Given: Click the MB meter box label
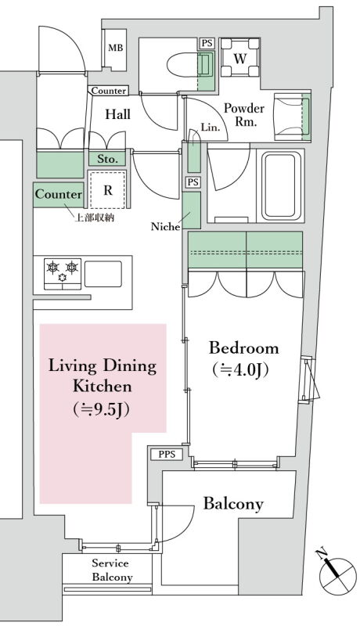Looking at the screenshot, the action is [x=116, y=48].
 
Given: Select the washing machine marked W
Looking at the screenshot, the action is [x=239, y=58].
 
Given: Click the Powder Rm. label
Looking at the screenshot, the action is [x=244, y=115].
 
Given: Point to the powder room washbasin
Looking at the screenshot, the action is [x=292, y=117].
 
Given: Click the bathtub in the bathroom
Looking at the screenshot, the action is [x=281, y=185].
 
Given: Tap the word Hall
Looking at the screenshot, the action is [x=117, y=114].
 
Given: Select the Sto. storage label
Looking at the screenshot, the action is [x=107, y=160].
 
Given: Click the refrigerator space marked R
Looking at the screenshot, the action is [x=108, y=190].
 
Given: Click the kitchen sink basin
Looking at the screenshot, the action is [x=103, y=274].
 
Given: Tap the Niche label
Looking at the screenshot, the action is [x=165, y=227].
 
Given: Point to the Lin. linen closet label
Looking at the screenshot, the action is [x=211, y=128].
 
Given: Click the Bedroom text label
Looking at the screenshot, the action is [x=244, y=347].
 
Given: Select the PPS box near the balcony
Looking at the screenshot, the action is [x=167, y=455].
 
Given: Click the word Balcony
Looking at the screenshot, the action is [x=233, y=504].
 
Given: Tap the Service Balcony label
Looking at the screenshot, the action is [x=112, y=570].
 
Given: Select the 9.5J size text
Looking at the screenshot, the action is [x=102, y=409].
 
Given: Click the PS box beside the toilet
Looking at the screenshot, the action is [x=207, y=44].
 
